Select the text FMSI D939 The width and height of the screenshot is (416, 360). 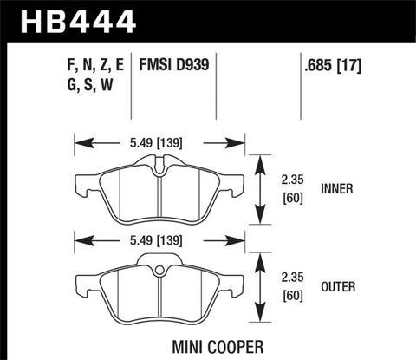[x=173, y=65]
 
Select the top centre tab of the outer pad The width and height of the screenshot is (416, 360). [x=159, y=260]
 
